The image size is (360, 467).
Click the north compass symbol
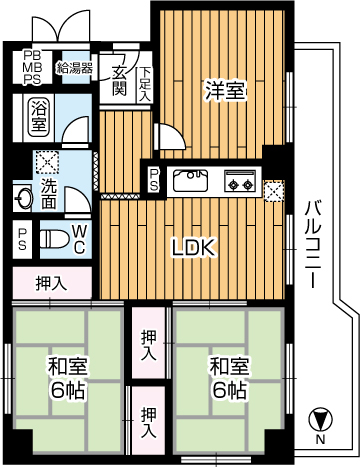coord(320,420)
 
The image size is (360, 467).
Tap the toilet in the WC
coord(54,239)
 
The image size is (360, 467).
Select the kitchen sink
coord(190,180)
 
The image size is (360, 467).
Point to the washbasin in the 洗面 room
coord(24,198)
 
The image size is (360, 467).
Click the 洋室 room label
coord(226,91)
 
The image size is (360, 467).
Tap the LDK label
coord(193,247)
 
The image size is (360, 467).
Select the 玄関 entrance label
coord(119,81)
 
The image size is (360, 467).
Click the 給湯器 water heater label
coord(75,68)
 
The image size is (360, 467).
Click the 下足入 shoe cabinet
coord(145,84)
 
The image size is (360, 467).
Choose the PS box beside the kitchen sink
coord(154,180)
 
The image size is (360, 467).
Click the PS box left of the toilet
coord(22,239)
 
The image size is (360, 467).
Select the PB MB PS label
coord(32,67)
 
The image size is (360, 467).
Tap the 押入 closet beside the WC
coord(52,283)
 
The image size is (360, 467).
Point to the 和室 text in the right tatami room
coord(229,366)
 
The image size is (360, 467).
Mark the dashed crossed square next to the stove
coord(274,191)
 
